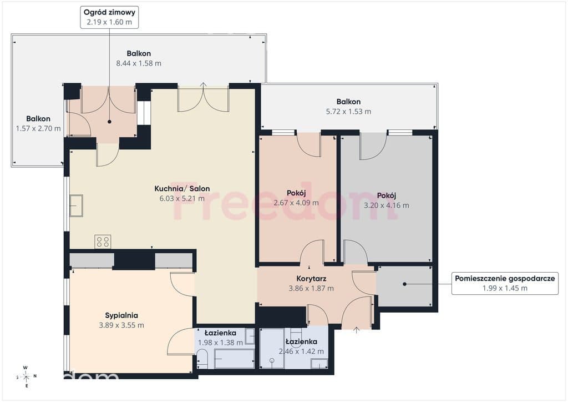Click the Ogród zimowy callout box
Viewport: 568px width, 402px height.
coord(109,17)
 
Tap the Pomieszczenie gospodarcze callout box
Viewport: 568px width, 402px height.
coord(505,284)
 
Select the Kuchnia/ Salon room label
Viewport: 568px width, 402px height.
coord(182,188)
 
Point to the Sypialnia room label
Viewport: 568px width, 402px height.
coord(121,315)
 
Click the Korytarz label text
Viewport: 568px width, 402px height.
coord(311,279)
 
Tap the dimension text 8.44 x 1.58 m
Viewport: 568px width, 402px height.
coord(139,63)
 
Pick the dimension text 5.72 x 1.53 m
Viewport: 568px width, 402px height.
coord(348,111)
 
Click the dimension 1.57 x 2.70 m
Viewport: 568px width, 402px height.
coord(38,128)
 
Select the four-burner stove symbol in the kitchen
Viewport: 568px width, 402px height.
coord(103,242)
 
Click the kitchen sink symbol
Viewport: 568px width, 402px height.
coord(76,205)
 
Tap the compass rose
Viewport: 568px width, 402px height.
coord(26,377)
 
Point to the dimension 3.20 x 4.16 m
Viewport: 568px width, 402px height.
coord(387,205)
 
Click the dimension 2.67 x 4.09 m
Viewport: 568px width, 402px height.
coord(296,203)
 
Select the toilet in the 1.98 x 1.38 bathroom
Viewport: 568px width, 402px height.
coord(202,359)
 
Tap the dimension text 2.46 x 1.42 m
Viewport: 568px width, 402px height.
coord(301,351)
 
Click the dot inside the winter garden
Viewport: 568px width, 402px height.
coord(109,122)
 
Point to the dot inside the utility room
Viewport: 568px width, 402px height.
coord(404,284)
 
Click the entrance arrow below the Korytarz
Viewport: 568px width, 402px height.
coord(357,330)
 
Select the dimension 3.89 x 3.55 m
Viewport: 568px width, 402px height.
coord(121,325)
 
